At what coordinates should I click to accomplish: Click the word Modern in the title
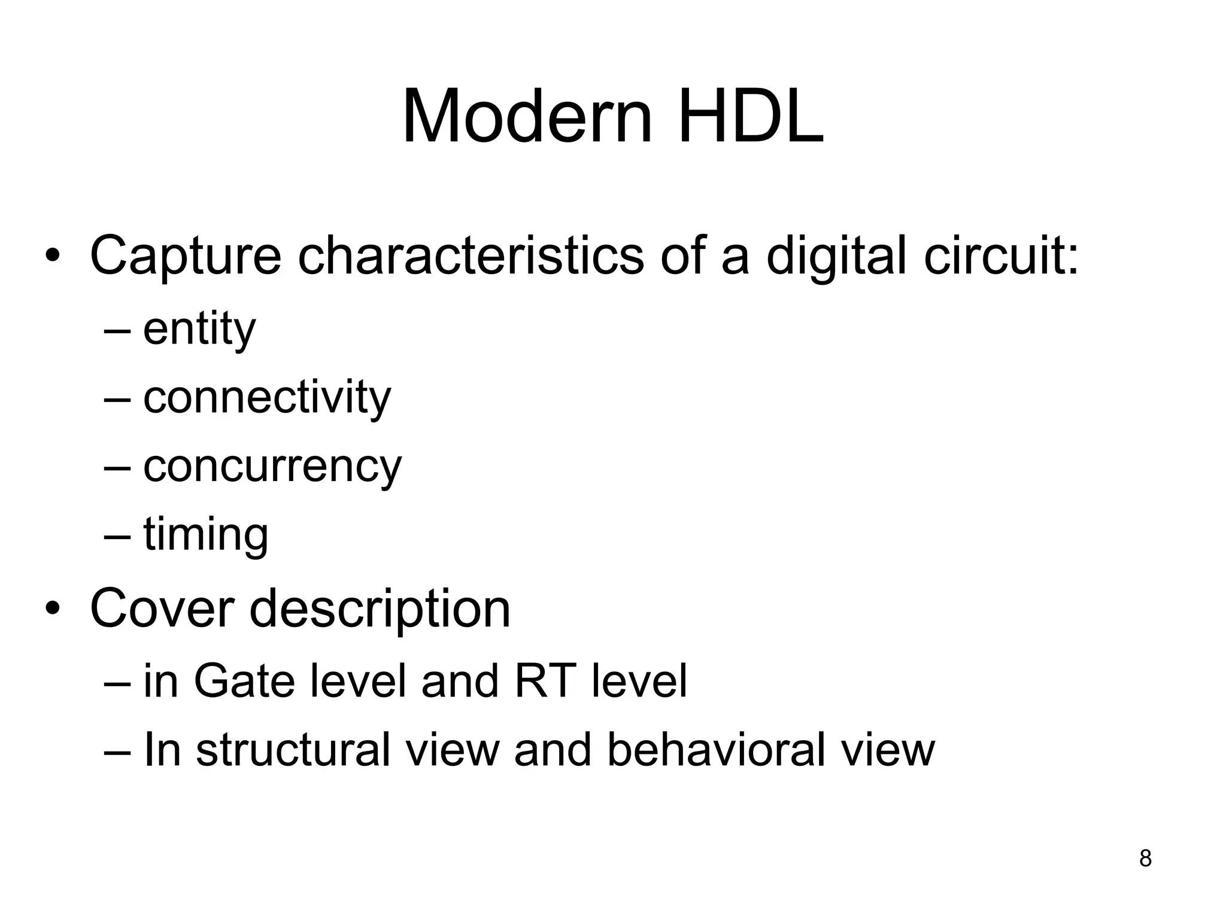[527, 117]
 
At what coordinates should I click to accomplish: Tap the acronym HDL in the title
[751, 117]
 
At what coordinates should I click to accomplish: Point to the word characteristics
[471, 256]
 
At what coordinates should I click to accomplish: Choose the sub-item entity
[199, 330]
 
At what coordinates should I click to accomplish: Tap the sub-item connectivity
[267, 397]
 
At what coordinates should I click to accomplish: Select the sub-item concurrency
[272, 467]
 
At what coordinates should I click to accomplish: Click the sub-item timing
[205, 535]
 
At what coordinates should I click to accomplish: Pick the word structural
[293, 749]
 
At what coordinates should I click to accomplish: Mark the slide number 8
[1145, 859]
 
